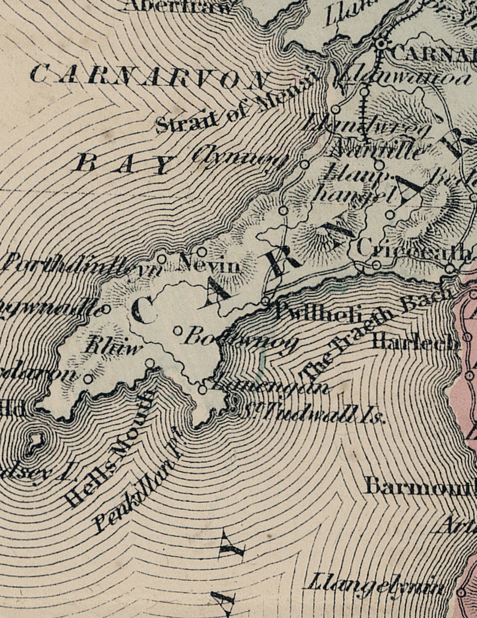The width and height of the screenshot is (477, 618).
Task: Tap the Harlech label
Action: [x=407, y=341]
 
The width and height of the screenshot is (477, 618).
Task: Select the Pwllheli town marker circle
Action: [x=266, y=301]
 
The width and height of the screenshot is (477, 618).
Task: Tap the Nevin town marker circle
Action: [x=202, y=251]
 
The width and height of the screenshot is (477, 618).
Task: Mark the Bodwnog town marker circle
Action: [x=178, y=330]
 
